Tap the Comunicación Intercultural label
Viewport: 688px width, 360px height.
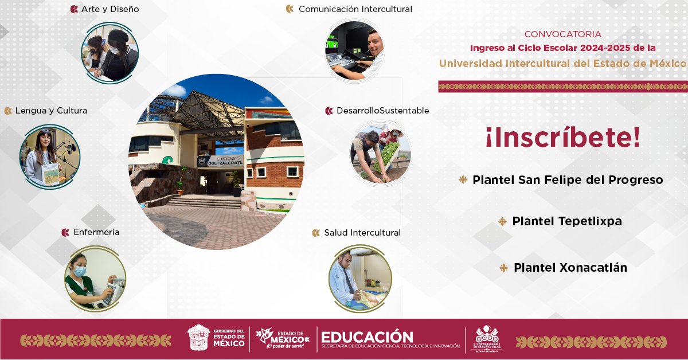[x=355, y=9]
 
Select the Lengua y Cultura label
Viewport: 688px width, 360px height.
[x=51, y=111]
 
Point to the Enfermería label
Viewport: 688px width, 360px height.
[x=96, y=232]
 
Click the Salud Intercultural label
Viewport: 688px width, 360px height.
[x=362, y=233]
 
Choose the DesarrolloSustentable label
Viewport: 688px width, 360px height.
[x=382, y=111]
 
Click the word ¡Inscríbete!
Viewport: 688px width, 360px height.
[x=562, y=139]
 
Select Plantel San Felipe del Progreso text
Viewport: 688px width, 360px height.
[x=568, y=180]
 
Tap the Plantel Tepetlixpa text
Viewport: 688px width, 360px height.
[x=566, y=221]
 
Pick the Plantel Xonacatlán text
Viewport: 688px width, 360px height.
[x=570, y=268]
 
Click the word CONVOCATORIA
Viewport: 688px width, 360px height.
[x=562, y=34]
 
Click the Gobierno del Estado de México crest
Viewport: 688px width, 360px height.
[x=198, y=338]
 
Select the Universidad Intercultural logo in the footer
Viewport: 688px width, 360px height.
[x=487, y=339]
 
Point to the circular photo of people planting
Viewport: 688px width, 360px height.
[x=381, y=152]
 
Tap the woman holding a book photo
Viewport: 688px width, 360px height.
[x=49, y=156]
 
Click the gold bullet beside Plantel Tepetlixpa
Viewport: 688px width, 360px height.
[x=503, y=221]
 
